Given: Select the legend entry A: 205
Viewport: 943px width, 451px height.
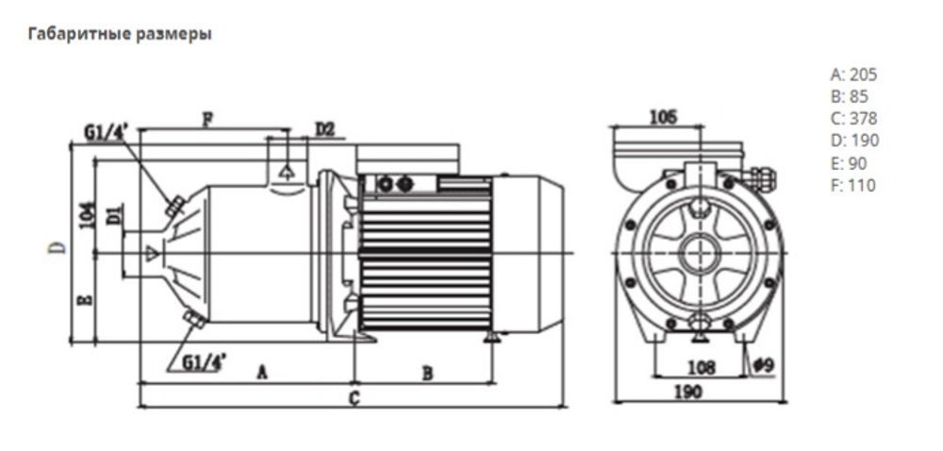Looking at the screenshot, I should tap(853, 75).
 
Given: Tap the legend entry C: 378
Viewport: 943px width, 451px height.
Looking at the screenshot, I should tap(853, 119).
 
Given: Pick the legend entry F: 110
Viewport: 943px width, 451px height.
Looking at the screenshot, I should tap(852, 185).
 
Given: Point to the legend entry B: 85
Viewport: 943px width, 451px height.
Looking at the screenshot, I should tap(850, 96).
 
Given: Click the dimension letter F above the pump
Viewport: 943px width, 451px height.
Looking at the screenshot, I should tap(207, 119).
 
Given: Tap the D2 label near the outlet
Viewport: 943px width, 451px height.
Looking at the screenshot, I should tap(324, 128).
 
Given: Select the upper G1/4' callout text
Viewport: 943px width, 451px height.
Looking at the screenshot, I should tap(106, 133).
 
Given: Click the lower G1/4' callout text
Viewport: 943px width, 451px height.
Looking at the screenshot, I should tap(204, 360).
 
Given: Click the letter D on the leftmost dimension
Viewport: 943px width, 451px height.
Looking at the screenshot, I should tap(58, 248).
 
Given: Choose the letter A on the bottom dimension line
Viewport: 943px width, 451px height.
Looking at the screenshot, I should tap(262, 374).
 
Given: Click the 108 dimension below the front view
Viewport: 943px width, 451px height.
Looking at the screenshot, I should tap(699, 367).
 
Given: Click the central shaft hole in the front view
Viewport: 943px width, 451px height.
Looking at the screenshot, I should tap(699, 250).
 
